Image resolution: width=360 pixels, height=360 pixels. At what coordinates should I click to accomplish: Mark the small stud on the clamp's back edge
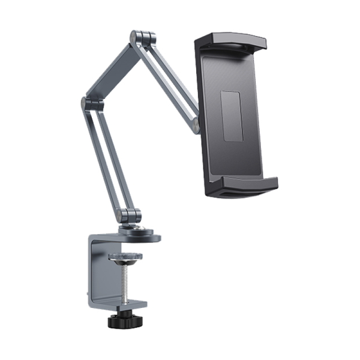(x=88, y=293)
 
